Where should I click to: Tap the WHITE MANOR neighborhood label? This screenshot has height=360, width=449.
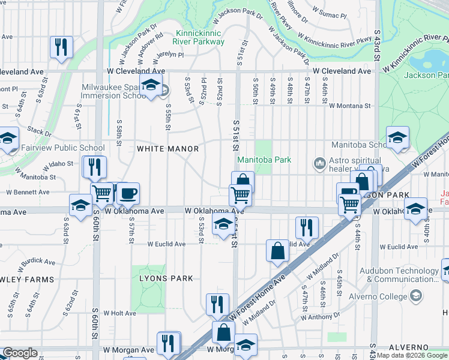tap(167, 148)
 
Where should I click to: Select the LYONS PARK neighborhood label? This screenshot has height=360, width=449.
tap(166, 278)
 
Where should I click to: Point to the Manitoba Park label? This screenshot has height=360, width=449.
tap(264, 160)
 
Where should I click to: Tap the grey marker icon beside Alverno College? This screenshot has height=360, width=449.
tap(415, 296)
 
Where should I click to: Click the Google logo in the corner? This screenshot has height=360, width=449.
tap(20, 353)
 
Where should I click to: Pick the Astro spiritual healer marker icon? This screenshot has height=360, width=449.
tap(319, 163)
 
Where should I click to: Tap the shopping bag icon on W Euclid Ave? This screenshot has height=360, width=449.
tap(277, 251)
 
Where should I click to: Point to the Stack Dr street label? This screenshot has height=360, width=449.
tap(40, 131)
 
